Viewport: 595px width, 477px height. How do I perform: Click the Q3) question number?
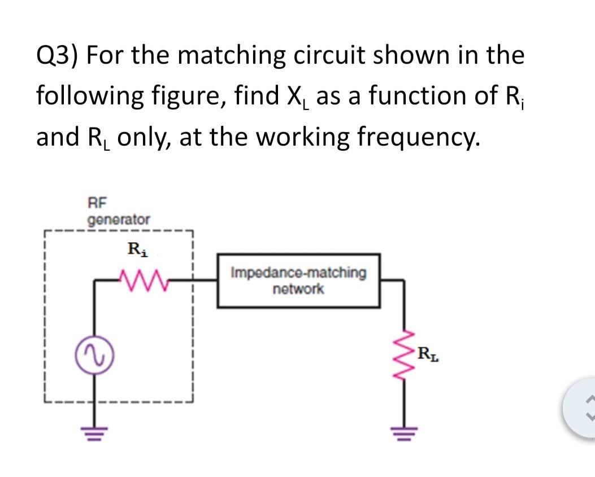(58, 56)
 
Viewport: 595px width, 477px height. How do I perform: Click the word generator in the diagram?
(119, 218)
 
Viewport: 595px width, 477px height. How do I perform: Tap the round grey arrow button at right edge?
(582, 407)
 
